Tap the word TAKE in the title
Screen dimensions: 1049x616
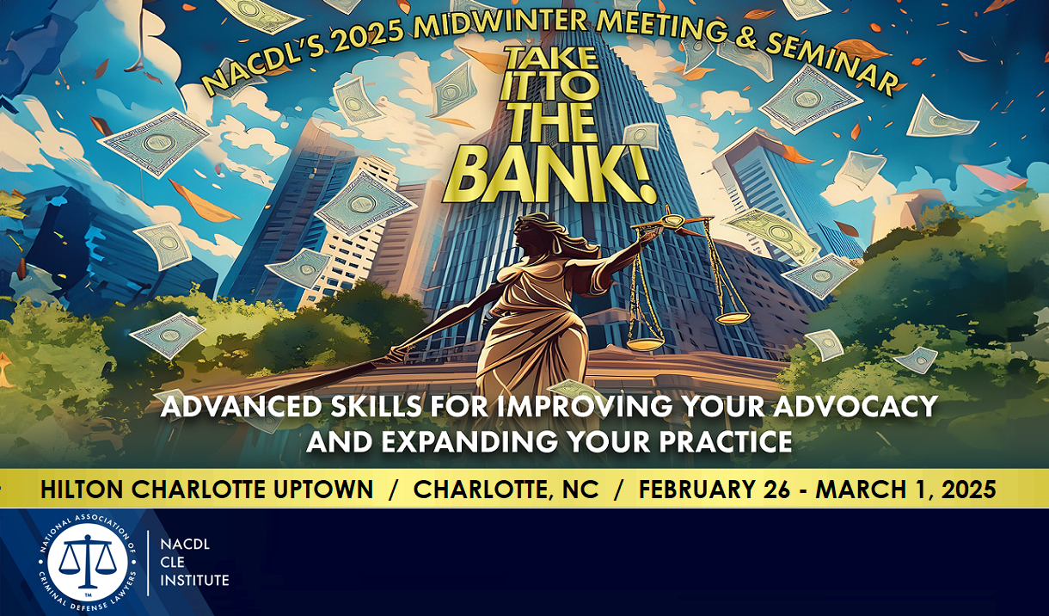tap(551, 59)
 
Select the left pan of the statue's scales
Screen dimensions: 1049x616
tap(645, 344)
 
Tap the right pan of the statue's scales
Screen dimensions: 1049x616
tap(733, 318)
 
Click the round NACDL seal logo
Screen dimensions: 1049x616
tap(88, 562)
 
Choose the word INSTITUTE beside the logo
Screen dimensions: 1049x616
tap(194, 581)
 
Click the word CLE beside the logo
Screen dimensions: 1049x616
tap(172, 562)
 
